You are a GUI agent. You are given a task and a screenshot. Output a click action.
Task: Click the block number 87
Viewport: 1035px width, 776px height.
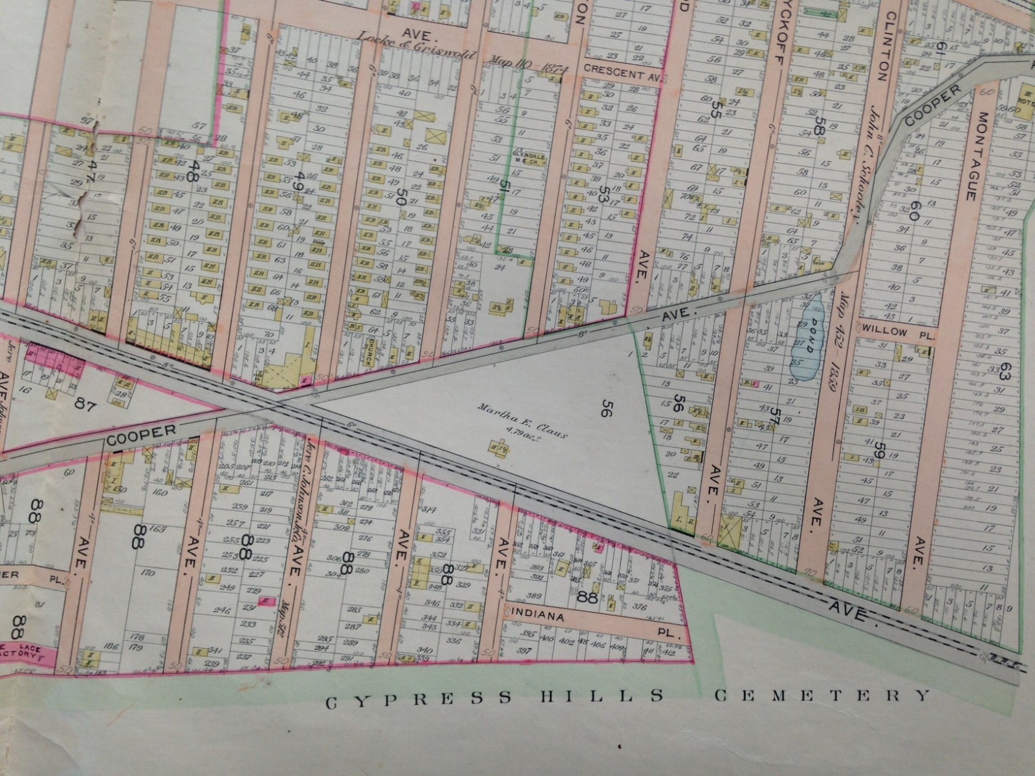tap(85, 406)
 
